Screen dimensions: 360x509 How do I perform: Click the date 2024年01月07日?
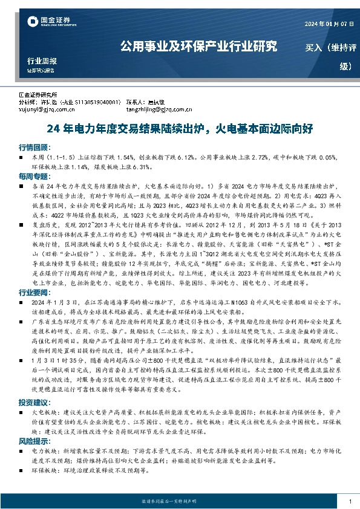click(327, 24)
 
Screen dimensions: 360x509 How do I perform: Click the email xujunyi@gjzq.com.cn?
click(46, 110)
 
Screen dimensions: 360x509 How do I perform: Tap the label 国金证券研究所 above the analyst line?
click(38, 96)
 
